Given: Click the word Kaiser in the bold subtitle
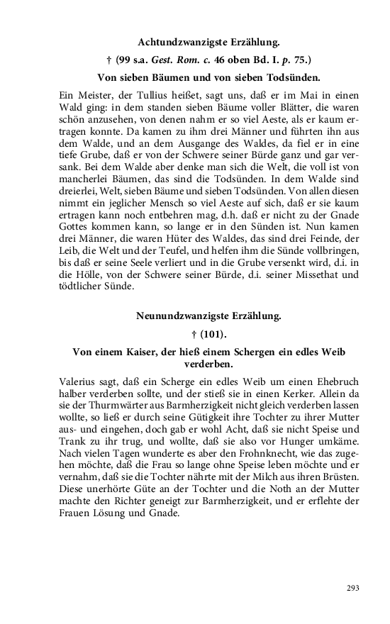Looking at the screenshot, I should click(150, 352).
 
